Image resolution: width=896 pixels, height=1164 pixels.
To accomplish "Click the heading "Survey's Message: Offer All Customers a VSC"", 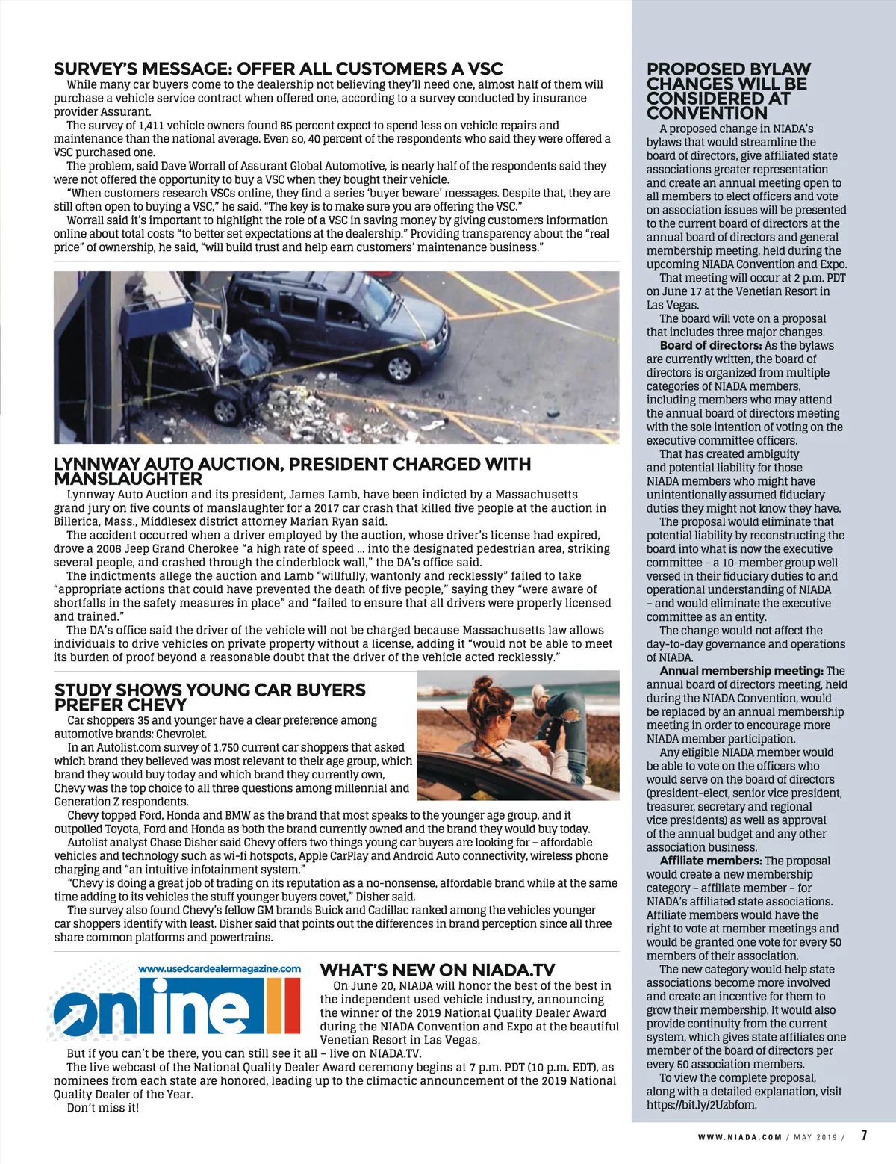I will [x=278, y=69].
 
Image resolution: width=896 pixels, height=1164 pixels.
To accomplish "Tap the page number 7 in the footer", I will [x=864, y=1136].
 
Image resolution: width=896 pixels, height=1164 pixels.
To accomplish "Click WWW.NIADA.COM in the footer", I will [x=739, y=1137].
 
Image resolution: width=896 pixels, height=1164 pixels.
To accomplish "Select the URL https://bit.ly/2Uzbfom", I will [x=701, y=1104].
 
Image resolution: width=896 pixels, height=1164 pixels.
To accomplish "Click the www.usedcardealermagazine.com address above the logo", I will [x=220, y=968].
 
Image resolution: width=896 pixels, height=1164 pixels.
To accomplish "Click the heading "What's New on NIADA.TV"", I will [x=438, y=970].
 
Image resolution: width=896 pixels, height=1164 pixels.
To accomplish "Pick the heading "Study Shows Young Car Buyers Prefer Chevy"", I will [x=209, y=697].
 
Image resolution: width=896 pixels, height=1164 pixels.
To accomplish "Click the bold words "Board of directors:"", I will [x=710, y=345].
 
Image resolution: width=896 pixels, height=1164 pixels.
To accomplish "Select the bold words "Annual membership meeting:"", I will [x=741, y=671].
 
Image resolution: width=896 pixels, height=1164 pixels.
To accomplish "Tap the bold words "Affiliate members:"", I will [x=711, y=861].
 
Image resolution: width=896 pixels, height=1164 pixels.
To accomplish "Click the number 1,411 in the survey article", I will [x=153, y=126].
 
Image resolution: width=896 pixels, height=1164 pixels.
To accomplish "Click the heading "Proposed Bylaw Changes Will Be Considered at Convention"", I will [x=728, y=90].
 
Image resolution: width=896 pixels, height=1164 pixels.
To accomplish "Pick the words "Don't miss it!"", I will [x=103, y=1107].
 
